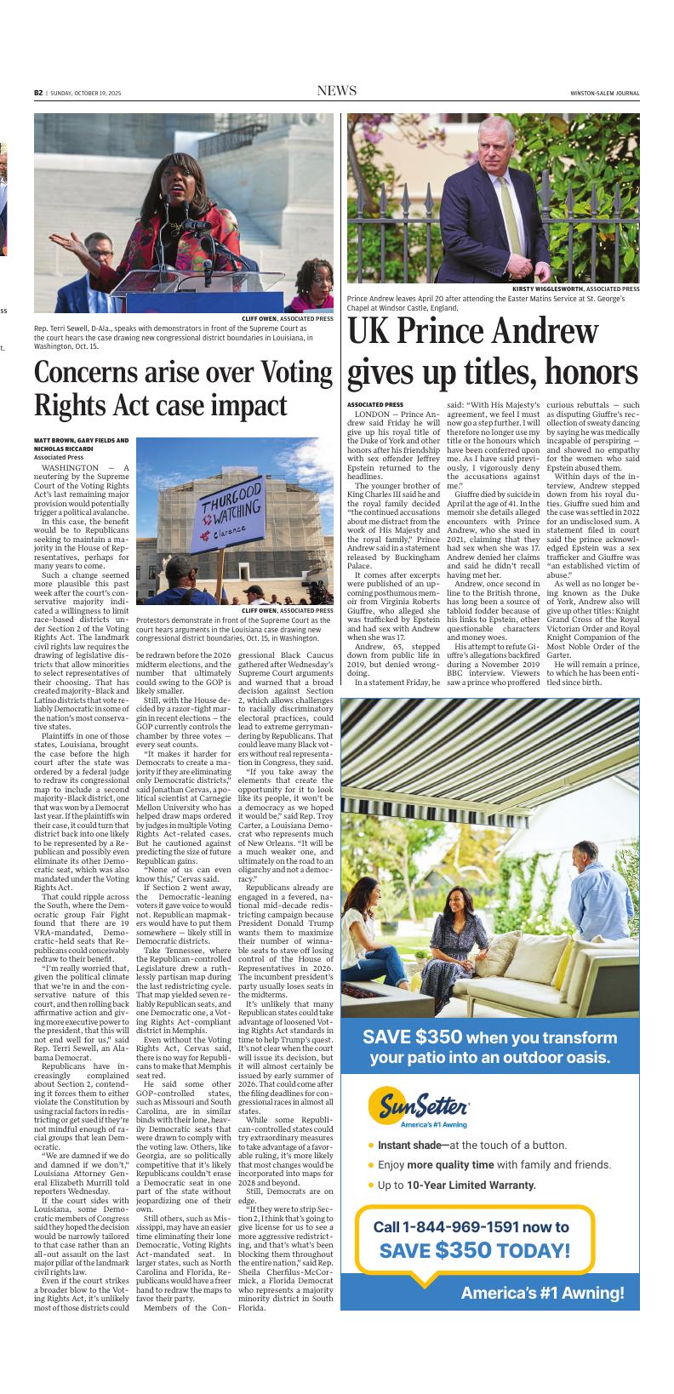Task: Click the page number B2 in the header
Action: click(39, 93)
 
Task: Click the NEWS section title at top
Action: click(336, 91)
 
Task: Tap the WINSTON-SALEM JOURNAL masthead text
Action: click(604, 94)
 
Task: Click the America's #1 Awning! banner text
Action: click(542, 1293)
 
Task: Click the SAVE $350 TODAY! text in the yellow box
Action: click(474, 1250)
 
